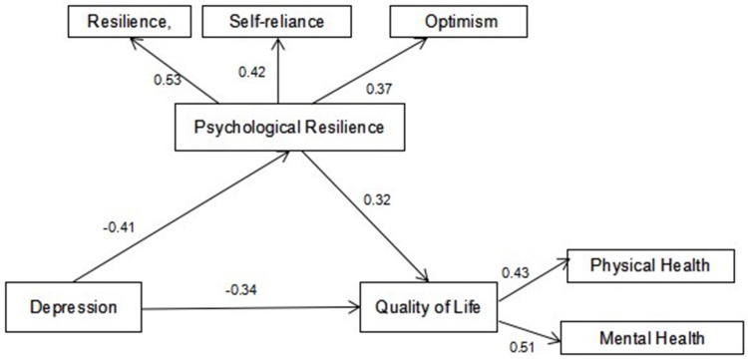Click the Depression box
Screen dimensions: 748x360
click(74, 307)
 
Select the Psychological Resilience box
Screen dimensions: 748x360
click(288, 128)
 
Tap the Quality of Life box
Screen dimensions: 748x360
click(429, 306)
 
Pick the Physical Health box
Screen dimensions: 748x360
click(650, 265)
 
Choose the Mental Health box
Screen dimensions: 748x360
click(651, 338)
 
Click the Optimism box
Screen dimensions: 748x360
click(458, 22)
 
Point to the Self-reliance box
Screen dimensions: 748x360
click(277, 22)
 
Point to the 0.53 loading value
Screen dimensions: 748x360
click(168, 79)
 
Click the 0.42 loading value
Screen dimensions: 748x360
click(251, 72)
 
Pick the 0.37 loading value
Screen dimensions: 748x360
click(378, 89)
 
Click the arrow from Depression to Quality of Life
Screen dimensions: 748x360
click(251, 308)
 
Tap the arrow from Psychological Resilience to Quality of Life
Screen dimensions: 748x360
click(366, 216)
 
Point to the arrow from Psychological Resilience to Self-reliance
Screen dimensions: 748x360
click(277, 70)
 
